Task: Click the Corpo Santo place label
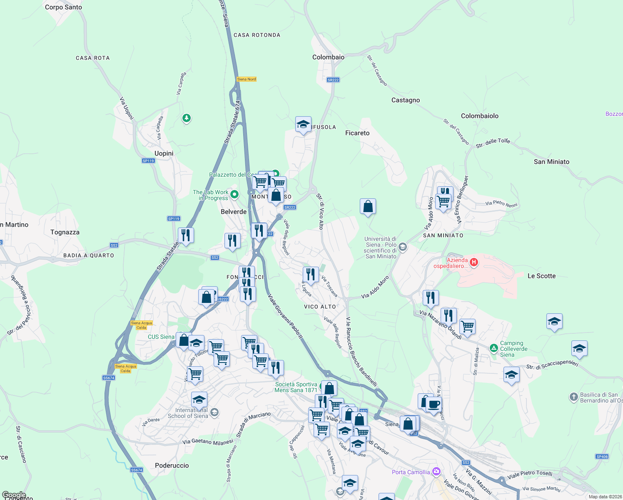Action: pos(63,7)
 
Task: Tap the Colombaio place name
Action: pos(328,57)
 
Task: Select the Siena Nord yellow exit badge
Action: pos(247,79)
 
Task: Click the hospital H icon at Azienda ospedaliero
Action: pos(473,262)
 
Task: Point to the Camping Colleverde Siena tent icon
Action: pos(493,348)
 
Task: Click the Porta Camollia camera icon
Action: pos(436,472)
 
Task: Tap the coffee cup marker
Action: pos(434,404)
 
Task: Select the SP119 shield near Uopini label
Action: pos(148,161)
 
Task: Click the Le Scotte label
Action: pos(541,276)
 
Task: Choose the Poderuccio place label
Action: pos(172,465)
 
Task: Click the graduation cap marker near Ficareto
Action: pos(303,124)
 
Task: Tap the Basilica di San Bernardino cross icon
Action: pos(573,397)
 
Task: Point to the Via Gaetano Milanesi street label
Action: pos(207,442)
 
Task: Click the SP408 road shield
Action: pos(602,457)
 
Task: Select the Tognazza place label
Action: pos(65,232)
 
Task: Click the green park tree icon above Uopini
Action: pos(187,118)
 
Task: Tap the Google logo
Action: pos(14,495)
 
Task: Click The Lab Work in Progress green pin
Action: pos(234,194)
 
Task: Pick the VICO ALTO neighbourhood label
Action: pos(320,307)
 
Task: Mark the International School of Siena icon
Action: pos(214,412)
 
